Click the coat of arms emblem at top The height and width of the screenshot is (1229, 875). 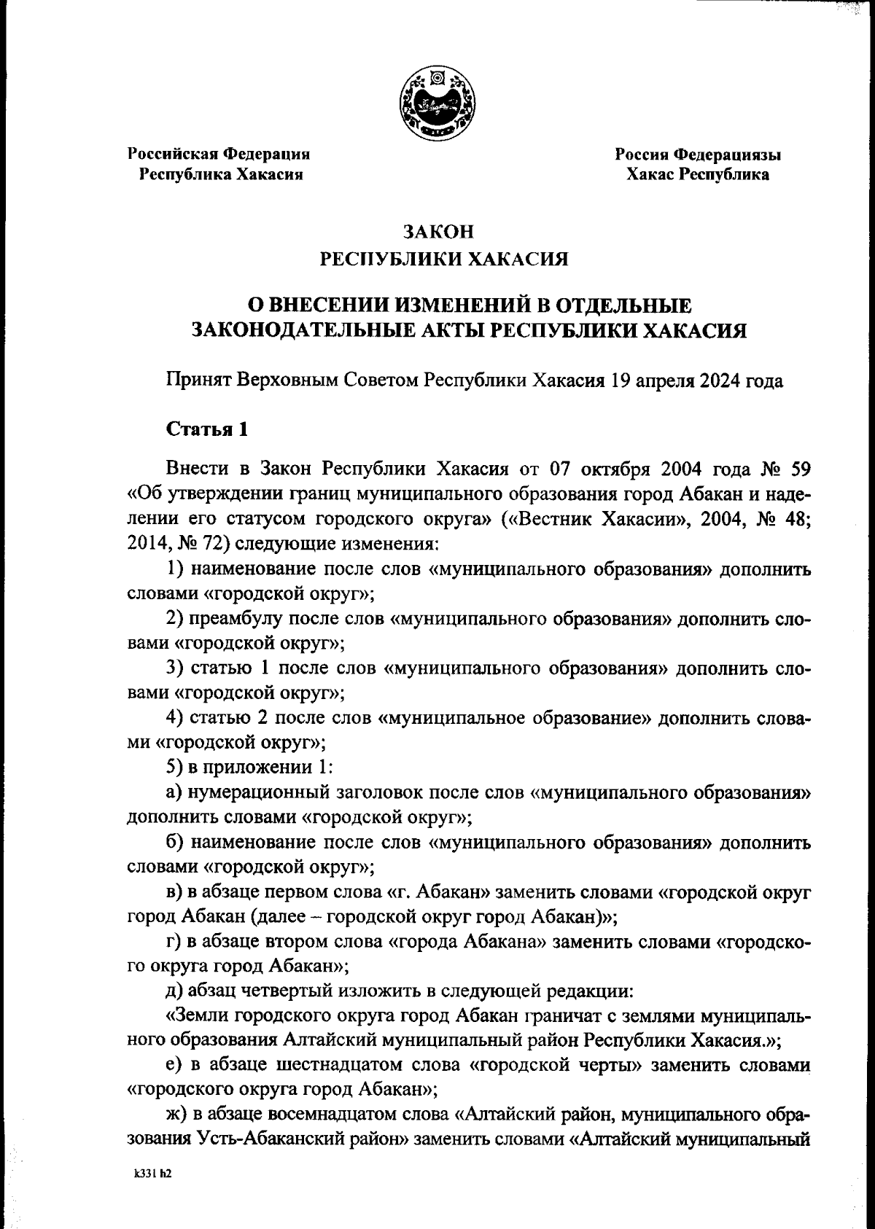[437, 104]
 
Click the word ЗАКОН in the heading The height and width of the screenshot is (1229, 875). [437, 233]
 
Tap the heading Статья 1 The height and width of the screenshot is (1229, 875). [208, 429]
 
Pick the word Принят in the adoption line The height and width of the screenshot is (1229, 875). [198, 381]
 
